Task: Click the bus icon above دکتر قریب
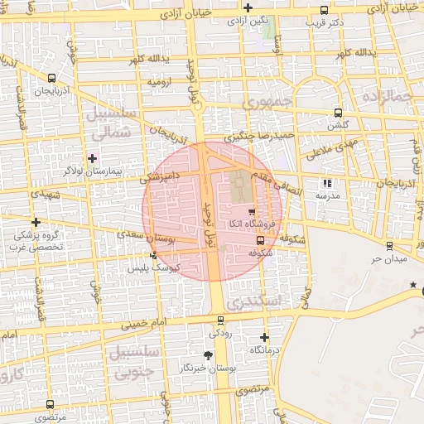click(x=322, y=10)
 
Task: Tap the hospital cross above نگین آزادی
click(x=248, y=7)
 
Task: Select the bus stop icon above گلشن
click(x=338, y=113)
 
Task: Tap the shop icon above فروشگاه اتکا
click(x=251, y=212)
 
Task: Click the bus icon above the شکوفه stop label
click(x=262, y=240)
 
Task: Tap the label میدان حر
click(x=388, y=259)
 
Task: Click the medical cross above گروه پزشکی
click(x=36, y=222)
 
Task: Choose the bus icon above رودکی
click(x=220, y=320)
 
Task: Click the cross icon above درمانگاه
click(x=264, y=337)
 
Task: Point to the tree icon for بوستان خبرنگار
click(x=209, y=354)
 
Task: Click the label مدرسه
click(x=327, y=195)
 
